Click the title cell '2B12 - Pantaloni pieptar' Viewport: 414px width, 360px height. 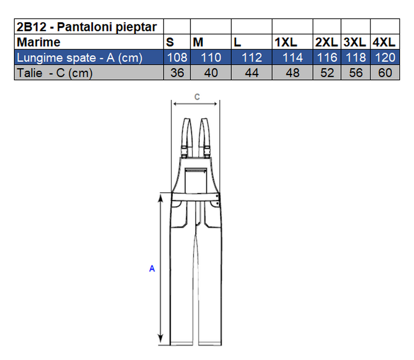pos(86,27)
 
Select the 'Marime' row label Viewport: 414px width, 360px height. pos(38,42)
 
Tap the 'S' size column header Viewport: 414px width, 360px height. pos(170,42)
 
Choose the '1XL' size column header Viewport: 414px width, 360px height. pos(286,42)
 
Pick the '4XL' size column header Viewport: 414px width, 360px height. pos(384,42)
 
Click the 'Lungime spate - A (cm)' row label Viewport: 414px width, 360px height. pos(80,58)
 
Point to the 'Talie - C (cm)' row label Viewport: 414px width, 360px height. pos(55,73)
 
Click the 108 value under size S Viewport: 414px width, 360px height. pos(177,57)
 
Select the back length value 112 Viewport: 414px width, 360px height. pos(252,57)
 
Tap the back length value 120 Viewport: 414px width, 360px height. pos(385,57)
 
